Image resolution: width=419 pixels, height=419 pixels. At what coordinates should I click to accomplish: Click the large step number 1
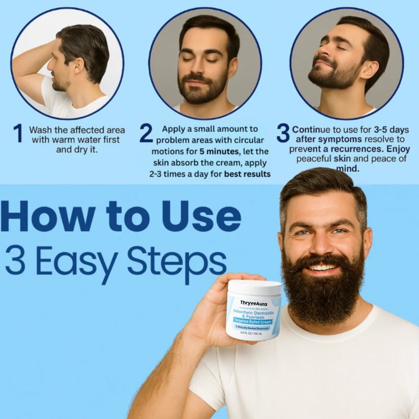coord(18,133)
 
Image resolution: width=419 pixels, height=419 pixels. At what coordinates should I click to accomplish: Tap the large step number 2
coord(146,133)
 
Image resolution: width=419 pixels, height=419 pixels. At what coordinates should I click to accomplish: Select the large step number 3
coord(283,133)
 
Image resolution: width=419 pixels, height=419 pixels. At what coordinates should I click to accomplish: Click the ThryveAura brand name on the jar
coord(253,303)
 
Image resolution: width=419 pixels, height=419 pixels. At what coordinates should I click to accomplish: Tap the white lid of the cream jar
coord(255,287)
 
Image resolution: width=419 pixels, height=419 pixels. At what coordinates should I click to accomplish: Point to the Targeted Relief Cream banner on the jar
coord(253,321)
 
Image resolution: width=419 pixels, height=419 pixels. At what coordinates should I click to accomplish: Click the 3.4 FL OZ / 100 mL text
coord(251,332)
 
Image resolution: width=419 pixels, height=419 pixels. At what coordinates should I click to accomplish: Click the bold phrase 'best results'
coord(247,174)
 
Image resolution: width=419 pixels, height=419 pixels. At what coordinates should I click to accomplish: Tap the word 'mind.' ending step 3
coord(348,169)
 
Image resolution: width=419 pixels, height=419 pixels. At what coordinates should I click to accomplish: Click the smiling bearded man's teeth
coord(323,268)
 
